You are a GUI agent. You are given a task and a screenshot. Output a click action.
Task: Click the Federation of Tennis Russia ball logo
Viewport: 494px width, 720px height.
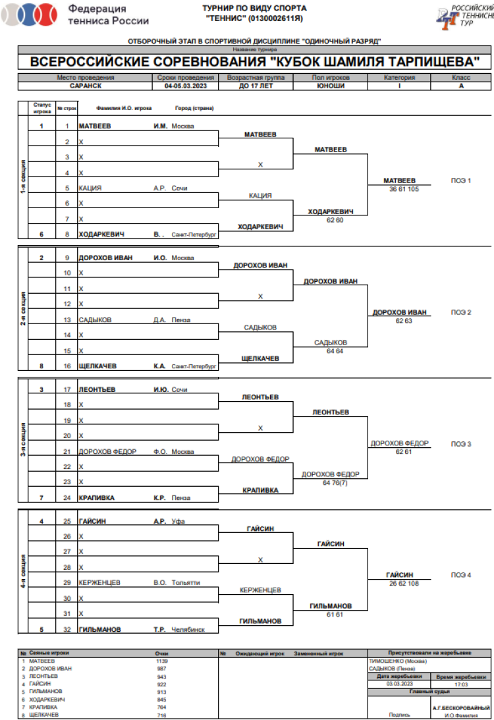34,14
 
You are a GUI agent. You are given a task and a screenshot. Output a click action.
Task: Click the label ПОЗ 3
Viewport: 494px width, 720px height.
461,444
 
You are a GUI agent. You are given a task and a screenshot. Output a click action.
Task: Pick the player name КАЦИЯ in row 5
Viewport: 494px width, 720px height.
90,188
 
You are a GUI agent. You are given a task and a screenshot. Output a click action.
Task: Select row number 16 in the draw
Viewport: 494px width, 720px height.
67,366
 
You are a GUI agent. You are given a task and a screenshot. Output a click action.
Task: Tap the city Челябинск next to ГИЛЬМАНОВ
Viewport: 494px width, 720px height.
188,629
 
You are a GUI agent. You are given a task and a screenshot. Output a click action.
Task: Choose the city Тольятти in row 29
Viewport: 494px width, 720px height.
186,582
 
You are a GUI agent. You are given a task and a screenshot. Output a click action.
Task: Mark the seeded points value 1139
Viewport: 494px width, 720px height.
162,660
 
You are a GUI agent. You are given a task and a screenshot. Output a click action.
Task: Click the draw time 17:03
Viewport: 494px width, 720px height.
461,684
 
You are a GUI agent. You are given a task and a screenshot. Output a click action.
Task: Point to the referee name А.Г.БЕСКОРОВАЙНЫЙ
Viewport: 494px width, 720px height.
461,707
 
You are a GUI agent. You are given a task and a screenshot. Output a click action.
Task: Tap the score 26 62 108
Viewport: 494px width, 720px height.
400,584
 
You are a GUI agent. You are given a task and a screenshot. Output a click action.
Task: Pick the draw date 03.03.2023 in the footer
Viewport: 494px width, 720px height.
398,684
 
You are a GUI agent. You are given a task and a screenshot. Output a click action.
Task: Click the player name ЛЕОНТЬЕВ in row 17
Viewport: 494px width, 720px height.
97,389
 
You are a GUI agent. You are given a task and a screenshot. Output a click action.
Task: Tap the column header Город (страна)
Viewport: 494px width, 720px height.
194,108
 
